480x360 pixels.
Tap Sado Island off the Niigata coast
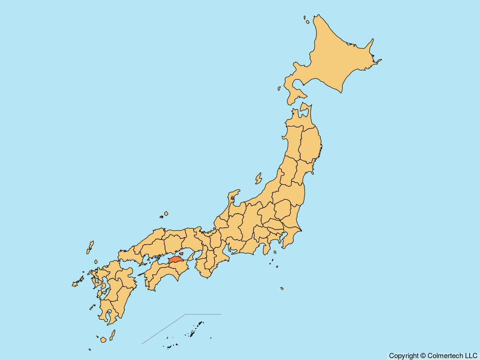258,179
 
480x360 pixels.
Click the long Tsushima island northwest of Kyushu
90,247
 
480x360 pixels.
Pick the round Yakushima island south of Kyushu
103,339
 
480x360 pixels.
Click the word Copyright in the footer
404,356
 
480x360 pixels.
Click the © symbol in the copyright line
423,356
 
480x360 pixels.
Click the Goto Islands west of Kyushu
76,283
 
